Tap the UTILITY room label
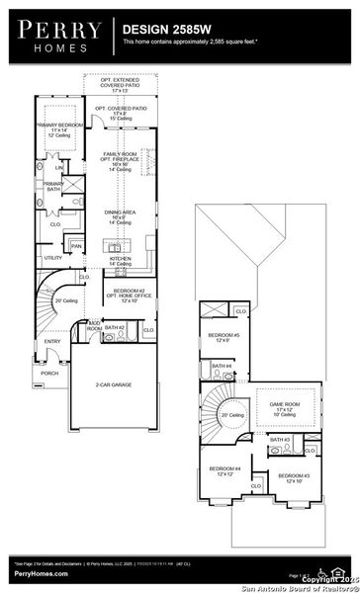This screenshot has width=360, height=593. coord(51,259)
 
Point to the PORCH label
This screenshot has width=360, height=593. coord(48,374)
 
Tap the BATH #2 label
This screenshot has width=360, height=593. coord(113,326)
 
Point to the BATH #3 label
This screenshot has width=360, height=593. coord(280,440)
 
